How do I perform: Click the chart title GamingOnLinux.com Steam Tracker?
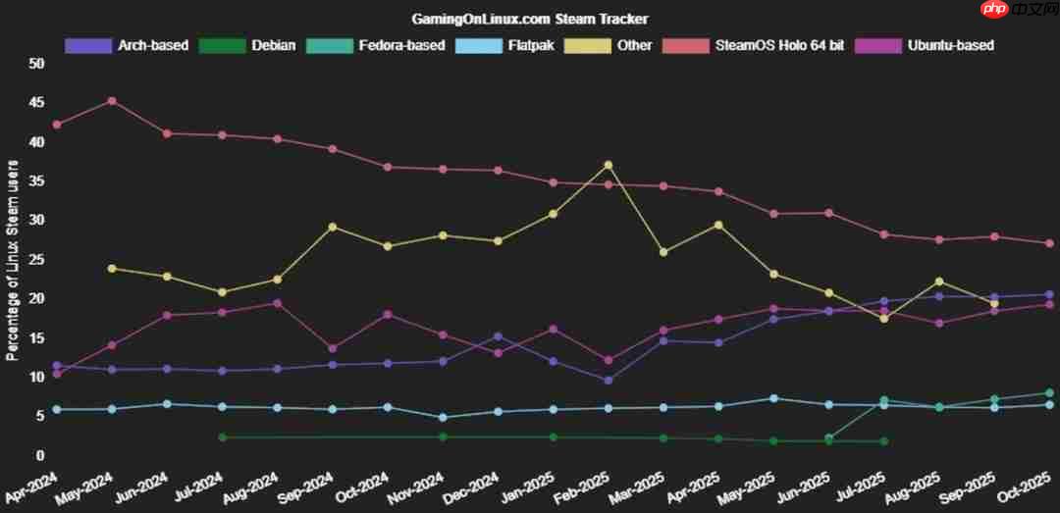coord(529,20)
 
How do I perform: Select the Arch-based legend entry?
coord(127,45)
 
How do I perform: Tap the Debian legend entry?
coord(247,45)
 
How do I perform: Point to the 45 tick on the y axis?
coord(37,102)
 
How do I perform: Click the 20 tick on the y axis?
coord(37,298)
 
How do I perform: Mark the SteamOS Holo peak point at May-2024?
coord(112,101)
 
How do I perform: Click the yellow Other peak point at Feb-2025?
coord(609,165)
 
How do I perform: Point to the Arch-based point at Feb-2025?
coord(609,380)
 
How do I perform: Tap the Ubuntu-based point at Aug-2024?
coord(278,303)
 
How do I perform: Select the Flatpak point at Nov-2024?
coord(443,418)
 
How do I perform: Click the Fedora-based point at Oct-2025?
coord(1049,393)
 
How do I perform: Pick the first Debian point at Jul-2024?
coord(222,437)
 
